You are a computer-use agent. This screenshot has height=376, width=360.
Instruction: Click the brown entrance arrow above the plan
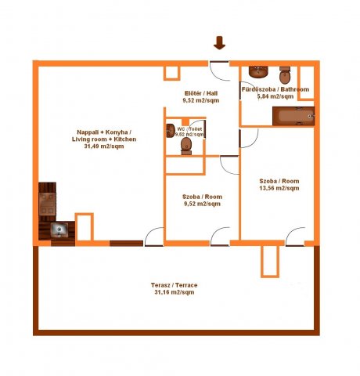coord(219,43)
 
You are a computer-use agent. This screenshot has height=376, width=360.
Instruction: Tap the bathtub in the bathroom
coord(293,116)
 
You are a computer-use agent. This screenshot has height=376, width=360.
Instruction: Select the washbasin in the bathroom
coord(258,72)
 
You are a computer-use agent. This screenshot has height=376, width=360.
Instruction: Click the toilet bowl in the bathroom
coord(285,75)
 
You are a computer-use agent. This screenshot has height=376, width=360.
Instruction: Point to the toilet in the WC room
coord(186,146)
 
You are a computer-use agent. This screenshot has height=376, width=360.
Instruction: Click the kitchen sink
coord(59,230)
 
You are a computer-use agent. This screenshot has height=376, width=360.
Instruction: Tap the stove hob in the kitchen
coord(47,204)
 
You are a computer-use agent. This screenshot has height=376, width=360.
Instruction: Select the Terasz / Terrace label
coord(174,285)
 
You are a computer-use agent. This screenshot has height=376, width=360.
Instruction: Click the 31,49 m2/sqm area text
coord(104,146)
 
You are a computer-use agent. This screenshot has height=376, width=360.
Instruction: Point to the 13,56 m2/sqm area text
coord(279,188)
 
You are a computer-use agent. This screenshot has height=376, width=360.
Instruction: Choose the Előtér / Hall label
coord(201,93)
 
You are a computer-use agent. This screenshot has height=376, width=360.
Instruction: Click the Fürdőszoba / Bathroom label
coord(275,89)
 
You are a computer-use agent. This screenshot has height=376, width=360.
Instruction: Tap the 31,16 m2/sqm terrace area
coord(175,292)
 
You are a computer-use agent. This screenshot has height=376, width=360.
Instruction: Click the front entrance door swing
coord(219,71)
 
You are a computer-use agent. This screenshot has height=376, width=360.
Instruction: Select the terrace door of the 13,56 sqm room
coord(295,237)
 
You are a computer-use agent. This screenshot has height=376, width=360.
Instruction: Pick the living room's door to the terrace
coord(154,237)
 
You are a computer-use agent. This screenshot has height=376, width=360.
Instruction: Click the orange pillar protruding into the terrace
coord(270,262)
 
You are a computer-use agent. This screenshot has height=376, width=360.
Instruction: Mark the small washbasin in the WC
coord(171,131)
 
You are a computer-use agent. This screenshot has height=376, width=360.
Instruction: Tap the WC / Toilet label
coord(189,129)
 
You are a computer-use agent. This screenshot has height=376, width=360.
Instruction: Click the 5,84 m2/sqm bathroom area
coord(275,96)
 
